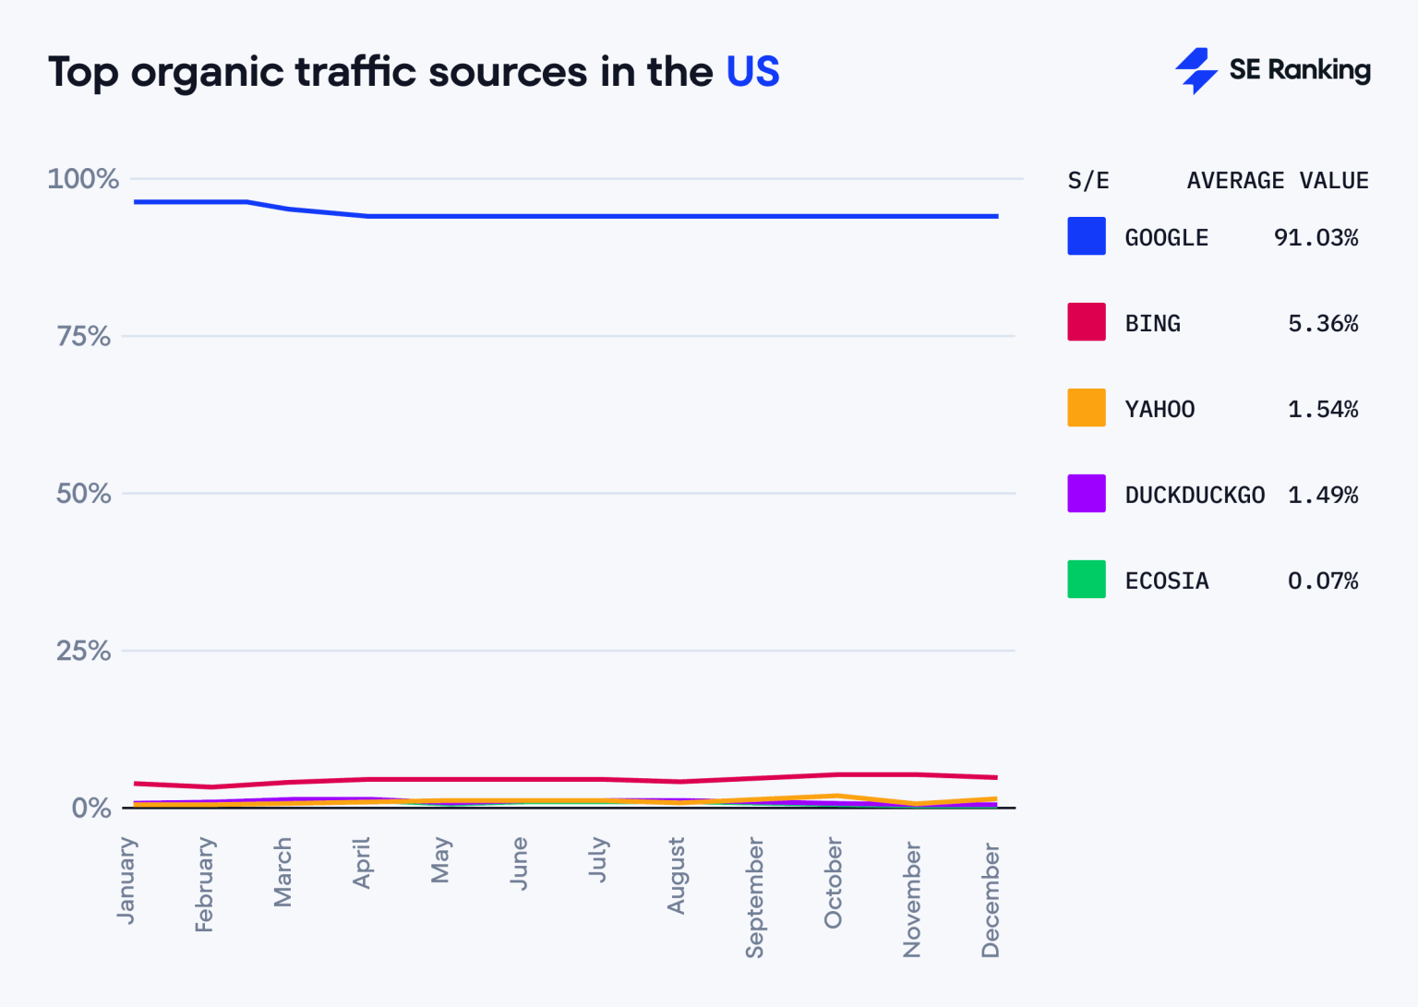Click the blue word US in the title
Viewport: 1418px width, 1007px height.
coord(752,72)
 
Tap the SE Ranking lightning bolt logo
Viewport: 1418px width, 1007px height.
coord(1196,70)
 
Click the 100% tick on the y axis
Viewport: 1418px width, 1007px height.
coord(83,178)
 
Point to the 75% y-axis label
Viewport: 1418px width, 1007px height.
coord(83,336)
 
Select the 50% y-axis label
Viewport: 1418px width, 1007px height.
coord(83,493)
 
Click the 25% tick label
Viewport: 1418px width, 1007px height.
coord(83,651)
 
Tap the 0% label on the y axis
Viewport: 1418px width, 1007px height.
coord(90,808)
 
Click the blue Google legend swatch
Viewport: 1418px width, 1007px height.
coord(1087,236)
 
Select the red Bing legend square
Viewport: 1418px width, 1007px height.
coord(1087,322)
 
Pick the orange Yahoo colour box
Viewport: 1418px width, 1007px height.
coord(1087,408)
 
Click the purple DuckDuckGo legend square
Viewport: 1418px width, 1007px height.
coord(1087,494)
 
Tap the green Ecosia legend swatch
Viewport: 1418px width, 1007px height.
coord(1087,580)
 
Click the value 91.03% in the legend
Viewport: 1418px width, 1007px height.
coord(1316,238)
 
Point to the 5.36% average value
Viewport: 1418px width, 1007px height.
coord(1322,324)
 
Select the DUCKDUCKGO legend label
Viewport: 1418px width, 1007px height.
coord(1195,496)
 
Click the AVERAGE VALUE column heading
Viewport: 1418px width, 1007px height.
coord(1277,181)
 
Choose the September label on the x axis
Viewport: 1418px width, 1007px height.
coord(755,897)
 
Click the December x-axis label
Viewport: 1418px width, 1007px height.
coord(991,899)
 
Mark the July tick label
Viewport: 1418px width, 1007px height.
coord(598,859)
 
